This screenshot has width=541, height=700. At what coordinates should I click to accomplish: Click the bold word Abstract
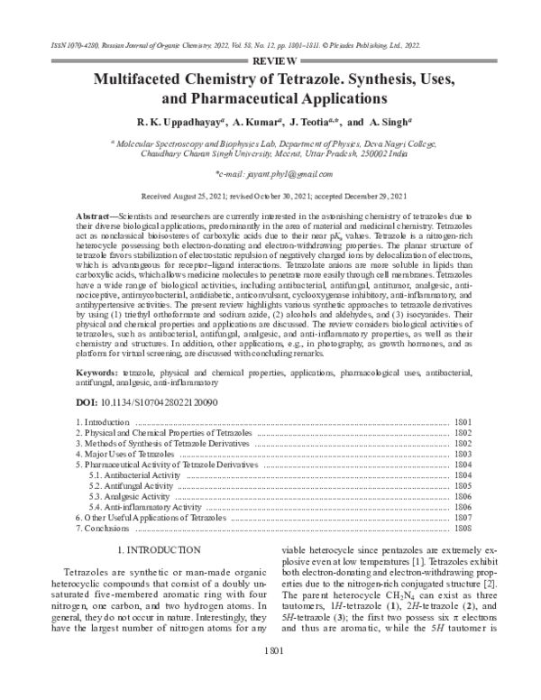point(94,220)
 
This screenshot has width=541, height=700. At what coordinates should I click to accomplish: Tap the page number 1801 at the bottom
point(270,677)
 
